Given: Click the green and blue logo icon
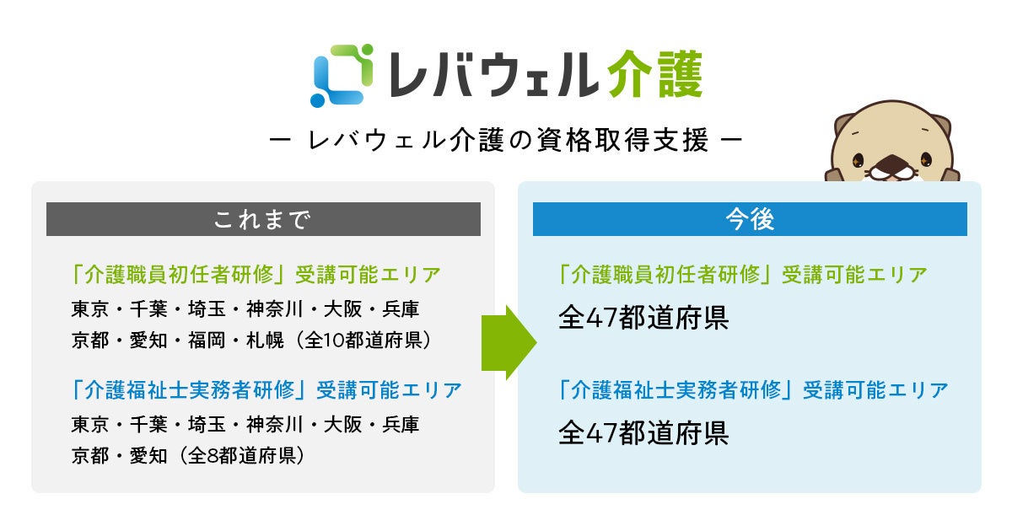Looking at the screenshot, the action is click(342, 75).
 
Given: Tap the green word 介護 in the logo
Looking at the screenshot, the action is click(653, 75).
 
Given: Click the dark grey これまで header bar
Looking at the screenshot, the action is click(263, 219).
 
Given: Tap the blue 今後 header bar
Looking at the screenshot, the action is click(750, 219).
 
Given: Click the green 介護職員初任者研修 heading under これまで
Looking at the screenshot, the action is click(181, 275).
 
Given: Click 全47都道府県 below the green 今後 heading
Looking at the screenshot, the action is click(643, 318).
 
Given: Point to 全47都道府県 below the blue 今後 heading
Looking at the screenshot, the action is click(643, 432).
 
